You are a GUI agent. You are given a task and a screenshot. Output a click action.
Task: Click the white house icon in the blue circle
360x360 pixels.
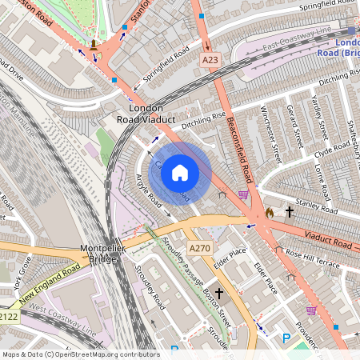tap(180, 172)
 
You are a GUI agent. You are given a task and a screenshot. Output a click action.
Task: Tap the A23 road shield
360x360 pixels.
tap(210, 60)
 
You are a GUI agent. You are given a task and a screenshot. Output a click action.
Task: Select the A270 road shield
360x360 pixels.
tap(200, 248)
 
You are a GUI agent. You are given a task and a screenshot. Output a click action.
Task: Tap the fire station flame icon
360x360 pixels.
tap(270, 213)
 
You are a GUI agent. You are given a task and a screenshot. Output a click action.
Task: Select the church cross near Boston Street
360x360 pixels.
tap(218, 294)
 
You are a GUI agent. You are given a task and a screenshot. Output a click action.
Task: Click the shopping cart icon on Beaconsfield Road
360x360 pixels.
tap(243, 194)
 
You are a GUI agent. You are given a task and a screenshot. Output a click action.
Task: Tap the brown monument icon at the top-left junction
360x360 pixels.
tap(95, 44)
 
